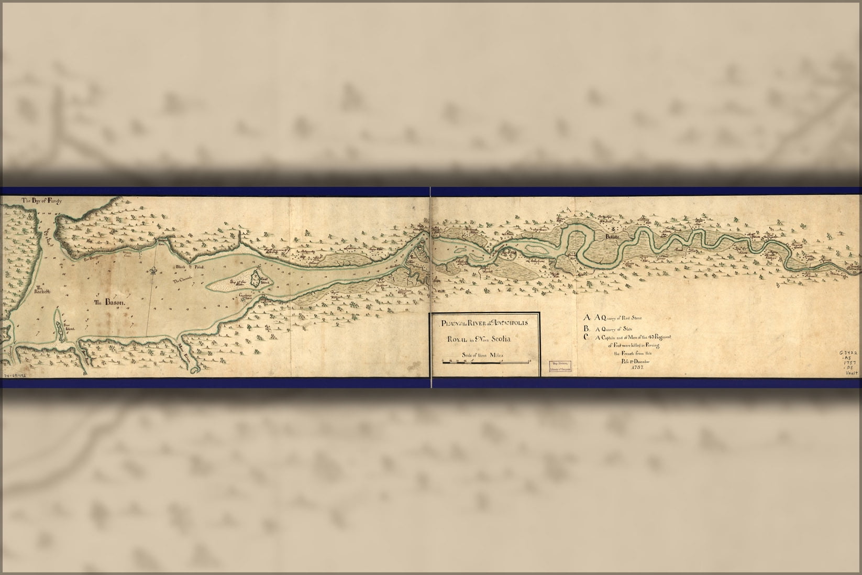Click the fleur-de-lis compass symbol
(153, 271)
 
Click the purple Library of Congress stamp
(559, 366)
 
